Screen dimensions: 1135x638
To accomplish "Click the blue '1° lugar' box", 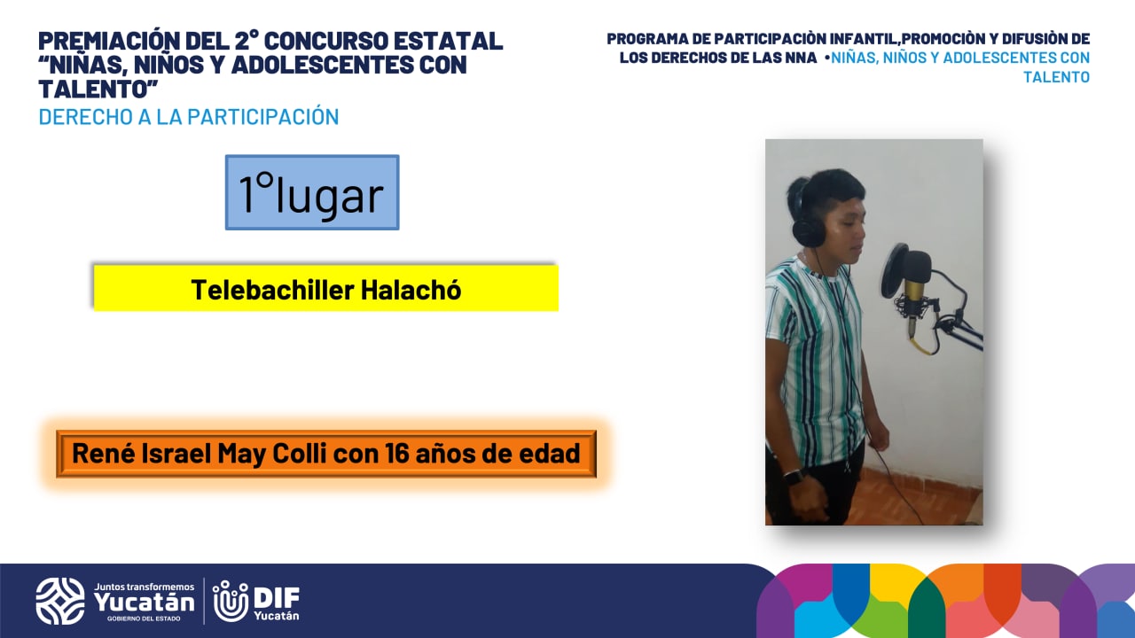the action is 312,192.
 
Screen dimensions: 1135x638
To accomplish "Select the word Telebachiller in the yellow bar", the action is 272,290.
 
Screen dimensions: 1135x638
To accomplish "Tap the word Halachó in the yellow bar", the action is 411,290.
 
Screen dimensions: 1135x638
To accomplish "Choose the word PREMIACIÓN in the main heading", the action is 108,40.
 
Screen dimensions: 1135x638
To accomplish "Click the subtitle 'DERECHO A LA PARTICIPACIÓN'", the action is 189,116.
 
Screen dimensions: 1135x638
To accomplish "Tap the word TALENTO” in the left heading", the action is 98,89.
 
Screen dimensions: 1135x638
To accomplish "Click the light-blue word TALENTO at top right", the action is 1056,77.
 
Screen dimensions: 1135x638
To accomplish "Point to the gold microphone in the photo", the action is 914,292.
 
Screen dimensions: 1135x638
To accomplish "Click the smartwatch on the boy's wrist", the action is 794,477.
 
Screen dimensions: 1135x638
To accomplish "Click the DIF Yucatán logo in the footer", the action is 256,601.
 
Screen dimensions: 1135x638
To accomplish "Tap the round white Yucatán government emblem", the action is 60,601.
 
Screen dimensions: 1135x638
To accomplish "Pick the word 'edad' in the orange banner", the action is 554,453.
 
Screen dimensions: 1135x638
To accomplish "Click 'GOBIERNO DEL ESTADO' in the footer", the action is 144,619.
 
